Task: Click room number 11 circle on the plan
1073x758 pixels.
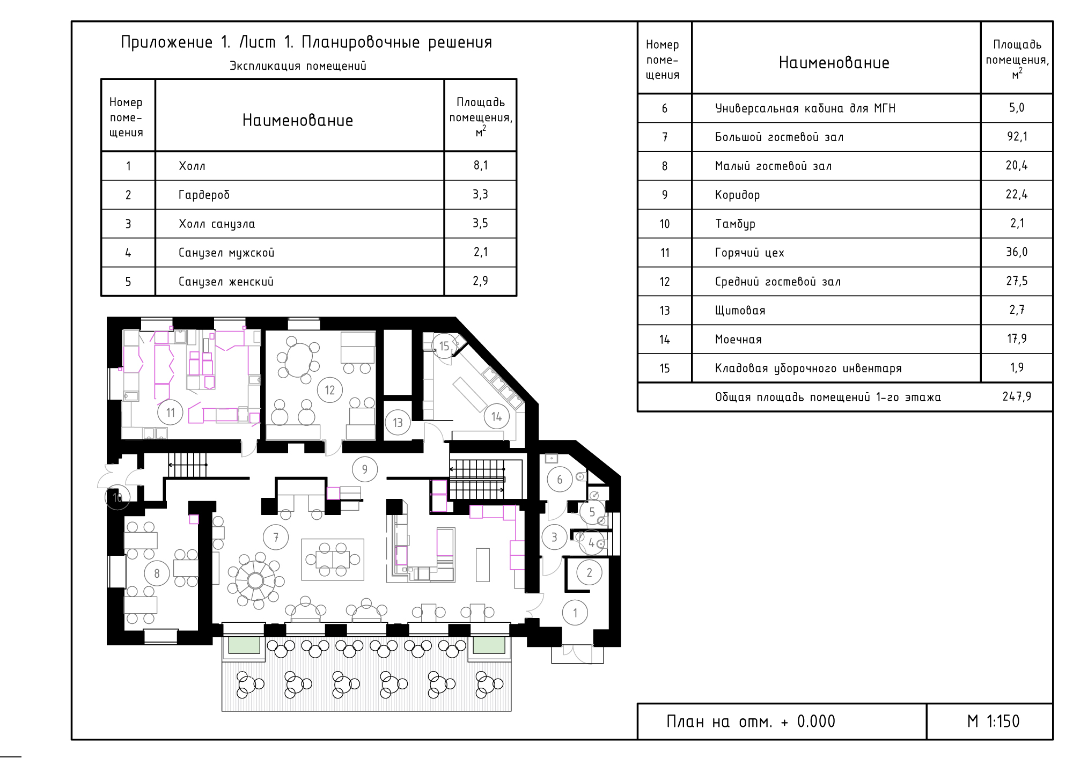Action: click(x=170, y=413)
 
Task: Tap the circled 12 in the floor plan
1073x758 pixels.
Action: click(x=330, y=390)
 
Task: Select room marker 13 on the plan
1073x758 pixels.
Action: click(x=398, y=423)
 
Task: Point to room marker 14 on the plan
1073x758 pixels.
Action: click(x=497, y=417)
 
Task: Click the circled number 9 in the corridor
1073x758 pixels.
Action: click(x=365, y=469)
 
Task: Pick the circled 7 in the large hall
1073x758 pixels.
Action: click(x=276, y=537)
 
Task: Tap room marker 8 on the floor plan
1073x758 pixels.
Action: click(x=157, y=573)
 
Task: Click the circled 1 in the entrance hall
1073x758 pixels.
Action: click(x=575, y=613)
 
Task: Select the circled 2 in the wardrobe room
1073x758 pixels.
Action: click(x=589, y=572)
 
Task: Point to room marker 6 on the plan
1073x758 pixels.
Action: click(x=560, y=480)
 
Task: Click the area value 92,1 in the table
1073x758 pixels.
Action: click(x=1017, y=137)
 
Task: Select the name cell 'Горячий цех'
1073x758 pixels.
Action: click(x=749, y=253)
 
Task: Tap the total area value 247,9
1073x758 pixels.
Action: click(x=1017, y=396)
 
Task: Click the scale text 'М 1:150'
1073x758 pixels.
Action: click(x=993, y=722)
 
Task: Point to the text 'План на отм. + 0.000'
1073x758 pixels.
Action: click(x=751, y=722)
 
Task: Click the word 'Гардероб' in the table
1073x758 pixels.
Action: click(x=204, y=195)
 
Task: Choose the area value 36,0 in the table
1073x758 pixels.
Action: click(x=1017, y=252)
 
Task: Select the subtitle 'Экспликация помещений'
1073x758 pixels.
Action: click(x=298, y=66)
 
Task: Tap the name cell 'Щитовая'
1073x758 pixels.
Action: click(x=740, y=311)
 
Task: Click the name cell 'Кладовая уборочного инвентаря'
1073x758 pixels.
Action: click(x=808, y=369)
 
